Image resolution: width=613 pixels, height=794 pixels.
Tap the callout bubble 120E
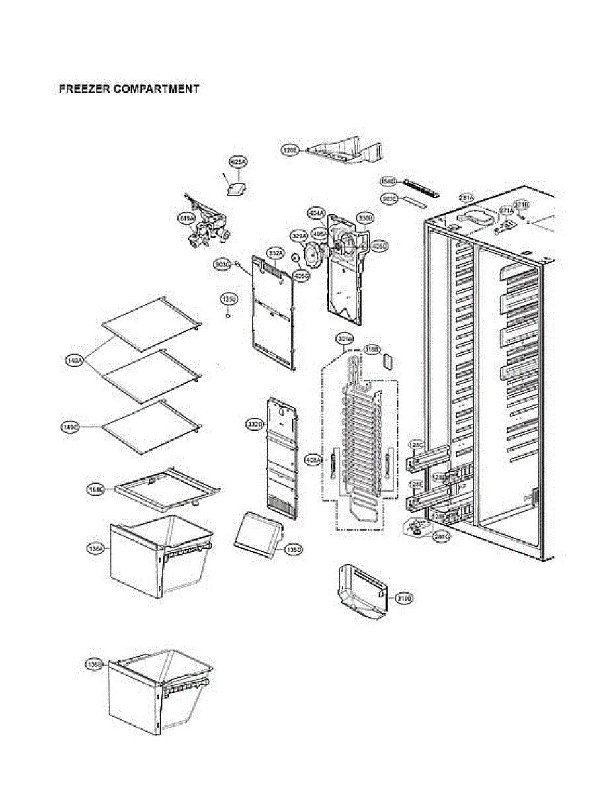point(290,151)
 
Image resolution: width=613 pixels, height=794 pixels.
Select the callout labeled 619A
point(186,218)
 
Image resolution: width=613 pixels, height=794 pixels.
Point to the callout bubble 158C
point(388,181)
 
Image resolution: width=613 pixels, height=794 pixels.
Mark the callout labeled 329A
point(300,235)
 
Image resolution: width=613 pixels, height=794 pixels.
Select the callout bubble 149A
point(74,361)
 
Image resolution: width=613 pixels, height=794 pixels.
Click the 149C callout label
point(71,427)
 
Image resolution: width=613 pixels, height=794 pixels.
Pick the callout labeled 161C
point(96,489)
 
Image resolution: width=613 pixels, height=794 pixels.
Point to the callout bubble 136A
point(95,549)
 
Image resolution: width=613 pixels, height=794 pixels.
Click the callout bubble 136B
point(94,664)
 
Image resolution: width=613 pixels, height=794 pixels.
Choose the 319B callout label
point(404,599)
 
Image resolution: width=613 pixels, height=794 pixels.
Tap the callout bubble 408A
point(313,459)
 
